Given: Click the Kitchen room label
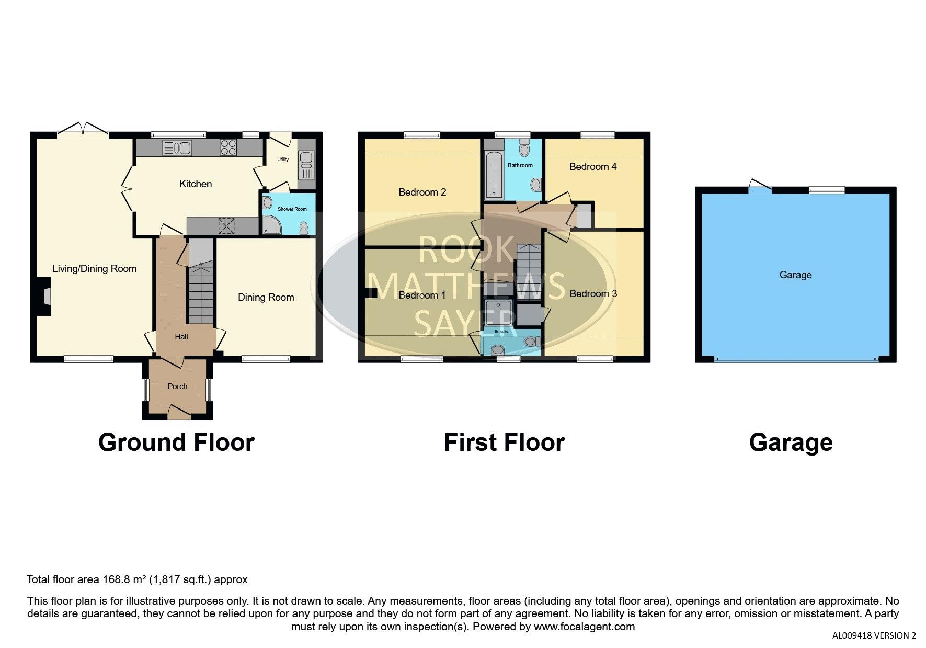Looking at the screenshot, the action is [x=196, y=184].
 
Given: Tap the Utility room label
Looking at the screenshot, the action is [x=283, y=159].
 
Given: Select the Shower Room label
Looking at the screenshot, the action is [x=292, y=209].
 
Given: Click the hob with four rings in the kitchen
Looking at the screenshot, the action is [x=228, y=147].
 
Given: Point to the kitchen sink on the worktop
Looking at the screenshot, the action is [x=177, y=147].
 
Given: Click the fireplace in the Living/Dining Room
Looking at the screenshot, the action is [x=44, y=297].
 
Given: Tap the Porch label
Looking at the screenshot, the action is [x=177, y=386].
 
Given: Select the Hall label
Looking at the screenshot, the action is [x=181, y=337].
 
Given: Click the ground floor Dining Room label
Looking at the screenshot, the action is [x=266, y=297].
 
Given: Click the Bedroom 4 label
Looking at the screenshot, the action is [x=593, y=166].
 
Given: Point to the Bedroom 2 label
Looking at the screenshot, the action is [x=422, y=192].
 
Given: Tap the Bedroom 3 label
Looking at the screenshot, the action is [x=593, y=293].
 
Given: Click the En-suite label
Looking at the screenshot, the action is [x=501, y=331].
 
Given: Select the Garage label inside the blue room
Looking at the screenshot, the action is [x=795, y=275].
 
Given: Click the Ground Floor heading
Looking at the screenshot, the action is [x=176, y=442].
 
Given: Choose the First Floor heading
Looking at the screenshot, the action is [x=504, y=442].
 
